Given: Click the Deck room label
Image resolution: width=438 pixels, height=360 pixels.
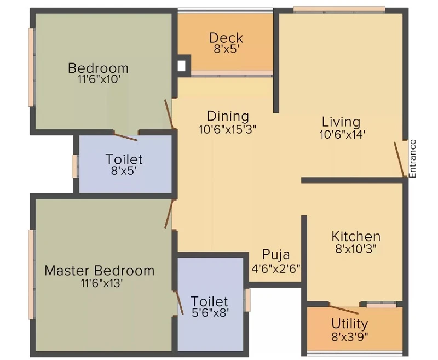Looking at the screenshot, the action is click(x=226, y=38).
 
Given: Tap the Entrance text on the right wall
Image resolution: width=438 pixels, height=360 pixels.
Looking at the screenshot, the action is click(x=413, y=158).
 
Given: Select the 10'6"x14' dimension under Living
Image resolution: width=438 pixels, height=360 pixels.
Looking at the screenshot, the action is click(x=343, y=135).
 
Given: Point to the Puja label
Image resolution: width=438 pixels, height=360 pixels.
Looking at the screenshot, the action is click(x=276, y=255).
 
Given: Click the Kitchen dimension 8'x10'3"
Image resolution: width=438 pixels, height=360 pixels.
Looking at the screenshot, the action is click(x=356, y=248).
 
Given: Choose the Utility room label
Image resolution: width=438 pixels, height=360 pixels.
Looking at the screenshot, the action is click(x=350, y=324).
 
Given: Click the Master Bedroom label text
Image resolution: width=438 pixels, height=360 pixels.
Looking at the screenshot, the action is click(x=100, y=271).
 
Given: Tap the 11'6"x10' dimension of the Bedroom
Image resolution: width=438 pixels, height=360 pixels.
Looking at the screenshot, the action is click(x=99, y=79).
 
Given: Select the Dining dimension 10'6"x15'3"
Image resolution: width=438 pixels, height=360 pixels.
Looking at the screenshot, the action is click(x=228, y=129).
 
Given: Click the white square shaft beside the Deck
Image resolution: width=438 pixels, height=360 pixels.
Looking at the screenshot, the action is click(x=182, y=66).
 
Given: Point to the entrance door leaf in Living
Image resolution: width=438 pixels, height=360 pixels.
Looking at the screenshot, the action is click(x=400, y=159).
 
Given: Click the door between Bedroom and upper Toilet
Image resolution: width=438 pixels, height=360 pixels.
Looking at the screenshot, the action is click(x=125, y=136).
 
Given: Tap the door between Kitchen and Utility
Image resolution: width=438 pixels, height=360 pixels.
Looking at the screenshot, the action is click(x=344, y=310).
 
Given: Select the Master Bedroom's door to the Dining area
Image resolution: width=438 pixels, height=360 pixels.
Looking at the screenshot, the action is click(x=169, y=214).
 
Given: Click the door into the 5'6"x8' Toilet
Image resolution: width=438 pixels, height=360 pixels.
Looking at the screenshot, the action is click(x=179, y=302).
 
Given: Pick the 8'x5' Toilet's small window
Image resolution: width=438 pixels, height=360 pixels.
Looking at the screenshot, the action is click(x=74, y=166).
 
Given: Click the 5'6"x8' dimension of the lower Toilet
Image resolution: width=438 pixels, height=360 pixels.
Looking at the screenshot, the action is click(x=210, y=313).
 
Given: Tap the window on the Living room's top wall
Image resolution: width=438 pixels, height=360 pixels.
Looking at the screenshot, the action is click(x=339, y=9).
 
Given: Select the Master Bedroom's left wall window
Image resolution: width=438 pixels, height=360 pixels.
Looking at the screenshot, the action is click(x=31, y=275).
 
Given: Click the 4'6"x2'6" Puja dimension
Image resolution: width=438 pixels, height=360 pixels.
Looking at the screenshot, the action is click(x=276, y=268).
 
